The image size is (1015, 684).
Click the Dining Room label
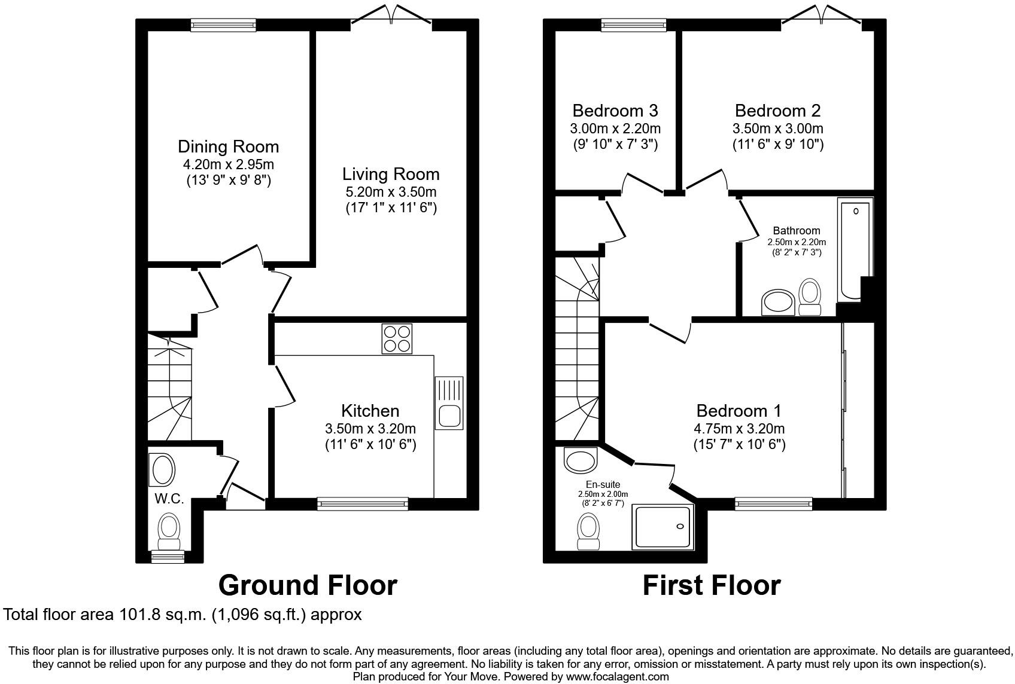click(x=228, y=146)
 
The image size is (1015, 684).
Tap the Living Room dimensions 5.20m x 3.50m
click(x=391, y=192)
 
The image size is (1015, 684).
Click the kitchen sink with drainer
click(x=449, y=402)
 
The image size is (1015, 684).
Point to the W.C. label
click(x=169, y=499)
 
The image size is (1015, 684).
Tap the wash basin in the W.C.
click(x=163, y=469)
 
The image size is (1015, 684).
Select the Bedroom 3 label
click(x=615, y=111)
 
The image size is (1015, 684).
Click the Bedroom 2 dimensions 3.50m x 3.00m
click(x=777, y=129)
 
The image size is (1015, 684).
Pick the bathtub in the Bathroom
click(x=854, y=250)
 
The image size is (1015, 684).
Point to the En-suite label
click(x=603, y=484)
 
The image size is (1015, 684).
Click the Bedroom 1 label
click(x=739, y=411)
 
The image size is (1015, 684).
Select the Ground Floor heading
click(x=308, y=585)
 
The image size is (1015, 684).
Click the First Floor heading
click(x=712, y=585)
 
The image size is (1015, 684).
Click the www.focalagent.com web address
click(x=616, y=677)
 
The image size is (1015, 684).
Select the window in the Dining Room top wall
click(x=223, y=25)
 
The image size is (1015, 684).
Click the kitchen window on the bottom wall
click(x=363, y=503)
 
